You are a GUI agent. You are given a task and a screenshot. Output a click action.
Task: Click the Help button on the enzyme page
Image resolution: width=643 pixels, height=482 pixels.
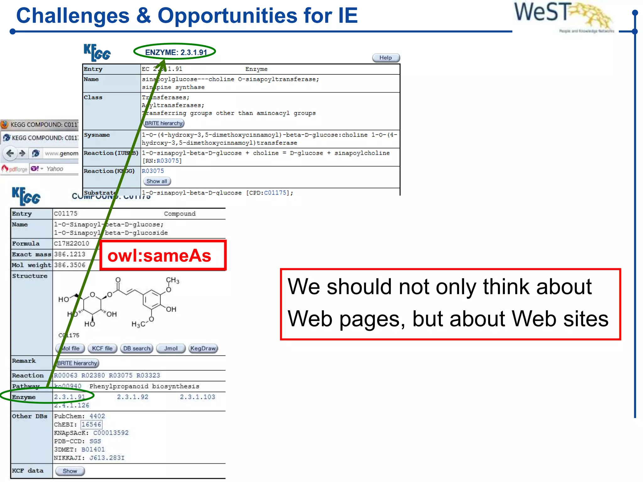386,58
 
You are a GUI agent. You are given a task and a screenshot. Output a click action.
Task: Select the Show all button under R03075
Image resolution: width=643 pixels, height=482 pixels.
157,181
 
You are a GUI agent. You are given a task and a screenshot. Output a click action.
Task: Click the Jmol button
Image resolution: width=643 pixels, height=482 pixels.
170,348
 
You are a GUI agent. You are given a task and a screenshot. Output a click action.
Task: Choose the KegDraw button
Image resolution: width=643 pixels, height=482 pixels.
203,348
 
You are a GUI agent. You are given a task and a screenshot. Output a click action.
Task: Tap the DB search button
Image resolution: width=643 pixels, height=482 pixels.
137,348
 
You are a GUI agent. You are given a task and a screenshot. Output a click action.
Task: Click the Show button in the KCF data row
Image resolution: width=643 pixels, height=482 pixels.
70,471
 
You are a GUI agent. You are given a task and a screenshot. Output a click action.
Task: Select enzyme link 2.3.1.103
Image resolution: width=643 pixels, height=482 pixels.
197,397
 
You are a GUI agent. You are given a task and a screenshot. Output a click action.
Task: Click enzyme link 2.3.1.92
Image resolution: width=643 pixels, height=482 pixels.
132,397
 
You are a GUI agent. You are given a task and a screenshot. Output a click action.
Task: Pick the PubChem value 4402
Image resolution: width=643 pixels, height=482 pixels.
97,416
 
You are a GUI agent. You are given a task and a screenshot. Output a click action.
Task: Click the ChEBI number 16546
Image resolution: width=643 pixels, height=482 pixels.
91,425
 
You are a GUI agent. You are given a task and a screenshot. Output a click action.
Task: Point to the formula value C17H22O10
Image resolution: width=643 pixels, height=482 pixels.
72,244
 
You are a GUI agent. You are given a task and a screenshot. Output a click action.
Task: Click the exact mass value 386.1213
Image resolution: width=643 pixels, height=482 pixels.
70,254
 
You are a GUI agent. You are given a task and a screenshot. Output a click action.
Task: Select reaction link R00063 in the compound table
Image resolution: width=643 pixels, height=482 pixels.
65,375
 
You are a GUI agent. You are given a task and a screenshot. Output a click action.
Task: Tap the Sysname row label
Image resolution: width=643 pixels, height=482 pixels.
97,135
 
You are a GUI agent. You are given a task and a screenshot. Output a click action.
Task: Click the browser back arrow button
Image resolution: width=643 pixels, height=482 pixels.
10,153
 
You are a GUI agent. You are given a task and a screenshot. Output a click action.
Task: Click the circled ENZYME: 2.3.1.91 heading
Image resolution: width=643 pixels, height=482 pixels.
176,52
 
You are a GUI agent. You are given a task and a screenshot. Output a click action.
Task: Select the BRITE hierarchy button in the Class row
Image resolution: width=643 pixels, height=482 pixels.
164,123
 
